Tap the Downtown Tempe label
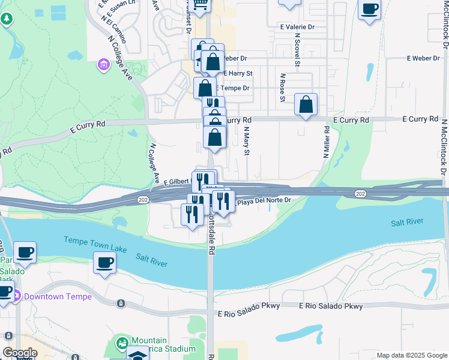58,296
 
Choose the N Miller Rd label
327,142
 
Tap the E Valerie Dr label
297,27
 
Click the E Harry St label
238,73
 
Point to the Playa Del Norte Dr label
264,202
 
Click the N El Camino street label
113,28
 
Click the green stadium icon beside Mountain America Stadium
122,344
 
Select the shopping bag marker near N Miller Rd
306,104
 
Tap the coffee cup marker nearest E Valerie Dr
369,10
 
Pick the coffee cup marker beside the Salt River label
105,263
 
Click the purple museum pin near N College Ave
103,64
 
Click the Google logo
19,353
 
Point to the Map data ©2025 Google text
412,355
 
